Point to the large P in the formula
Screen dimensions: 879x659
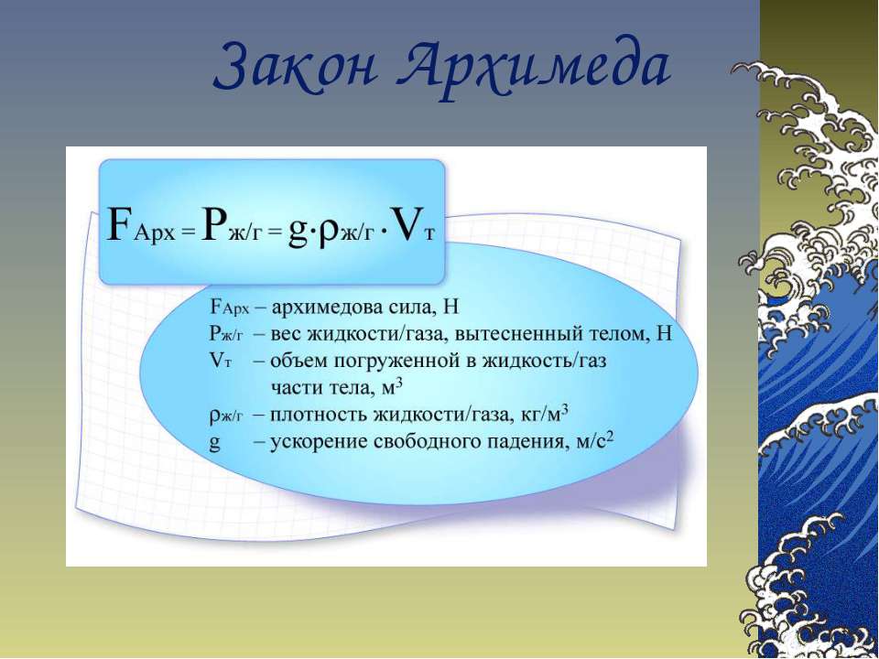[x=213, y=224]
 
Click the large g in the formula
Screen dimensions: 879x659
[x=297, y=231]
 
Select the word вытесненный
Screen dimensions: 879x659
[x=518, y=334]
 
